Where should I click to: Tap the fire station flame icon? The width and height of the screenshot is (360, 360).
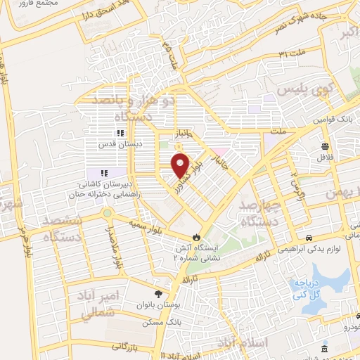197,237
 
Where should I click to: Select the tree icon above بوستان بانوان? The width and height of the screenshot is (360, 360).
159,294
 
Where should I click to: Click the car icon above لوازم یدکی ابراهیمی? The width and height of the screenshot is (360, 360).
310,238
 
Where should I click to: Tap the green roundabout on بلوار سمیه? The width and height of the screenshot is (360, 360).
107,213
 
